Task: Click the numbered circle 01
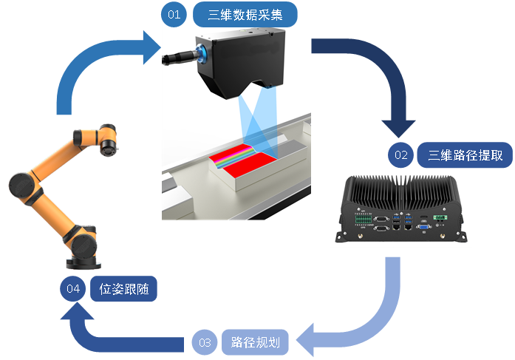point(173,15)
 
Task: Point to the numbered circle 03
point(205,342)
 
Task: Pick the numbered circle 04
point(72,289)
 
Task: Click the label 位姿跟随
point(123,289)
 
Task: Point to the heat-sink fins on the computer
point(399,189)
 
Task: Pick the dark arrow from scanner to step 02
point(377,81)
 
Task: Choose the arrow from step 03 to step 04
point(111,336)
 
